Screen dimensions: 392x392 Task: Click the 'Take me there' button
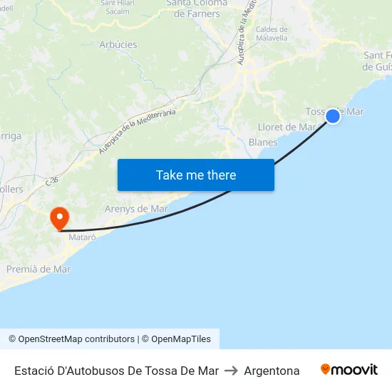196,175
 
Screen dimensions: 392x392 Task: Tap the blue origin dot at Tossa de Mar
333,116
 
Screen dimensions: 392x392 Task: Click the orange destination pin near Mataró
58,217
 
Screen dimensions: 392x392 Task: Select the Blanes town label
263,142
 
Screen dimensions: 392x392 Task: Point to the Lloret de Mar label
287,127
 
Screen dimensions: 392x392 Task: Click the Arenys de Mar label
136,209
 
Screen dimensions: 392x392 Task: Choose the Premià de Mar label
38,269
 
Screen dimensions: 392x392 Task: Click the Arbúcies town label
118,44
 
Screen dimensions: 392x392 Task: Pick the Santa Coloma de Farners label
197,8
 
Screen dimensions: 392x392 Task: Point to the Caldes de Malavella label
272,33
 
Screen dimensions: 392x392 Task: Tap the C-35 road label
51,182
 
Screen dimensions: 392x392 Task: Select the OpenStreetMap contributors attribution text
71,339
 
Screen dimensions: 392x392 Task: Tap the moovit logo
349,370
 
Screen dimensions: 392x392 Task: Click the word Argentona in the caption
272,371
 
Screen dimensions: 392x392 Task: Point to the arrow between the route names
231,371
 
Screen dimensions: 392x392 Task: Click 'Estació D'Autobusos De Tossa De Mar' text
116,371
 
